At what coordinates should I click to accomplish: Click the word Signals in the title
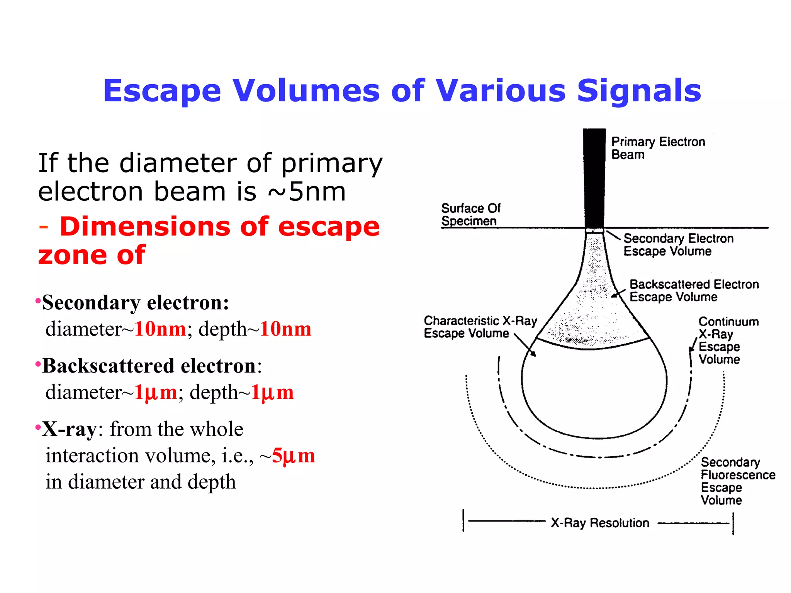pos(639,91)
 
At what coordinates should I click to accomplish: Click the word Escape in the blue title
pos(162,91)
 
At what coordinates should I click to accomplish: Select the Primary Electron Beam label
pos(658,148)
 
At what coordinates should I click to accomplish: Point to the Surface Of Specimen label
pos(470,215)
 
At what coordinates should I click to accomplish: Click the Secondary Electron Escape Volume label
pos(678,245)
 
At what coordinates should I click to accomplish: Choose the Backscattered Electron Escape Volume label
pos(694,291)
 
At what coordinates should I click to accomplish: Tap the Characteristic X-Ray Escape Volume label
pos(480,327)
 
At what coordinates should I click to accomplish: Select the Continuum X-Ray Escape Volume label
pos(728,341)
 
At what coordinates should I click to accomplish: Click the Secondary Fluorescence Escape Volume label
pos(737,481)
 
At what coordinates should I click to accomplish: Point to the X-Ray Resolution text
pos(600,523)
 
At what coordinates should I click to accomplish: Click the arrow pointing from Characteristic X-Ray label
pos(526,346)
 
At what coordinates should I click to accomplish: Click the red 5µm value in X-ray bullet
pos(293,456)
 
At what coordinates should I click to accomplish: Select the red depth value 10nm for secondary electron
pos(285,329)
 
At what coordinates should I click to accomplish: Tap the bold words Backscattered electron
pos(149,366)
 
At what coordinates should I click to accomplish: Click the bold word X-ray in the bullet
pos(70,429)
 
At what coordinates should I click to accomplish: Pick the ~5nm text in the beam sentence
pos(307,192)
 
